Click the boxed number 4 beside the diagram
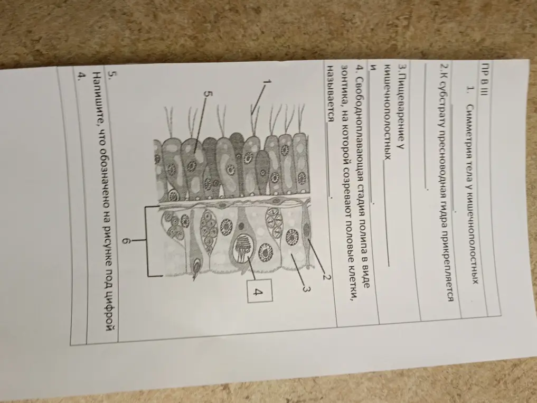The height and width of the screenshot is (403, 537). pos(260,290)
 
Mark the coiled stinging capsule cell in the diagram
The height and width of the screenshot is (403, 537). pos(244,246)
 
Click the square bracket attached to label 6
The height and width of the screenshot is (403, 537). pos(148,241)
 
